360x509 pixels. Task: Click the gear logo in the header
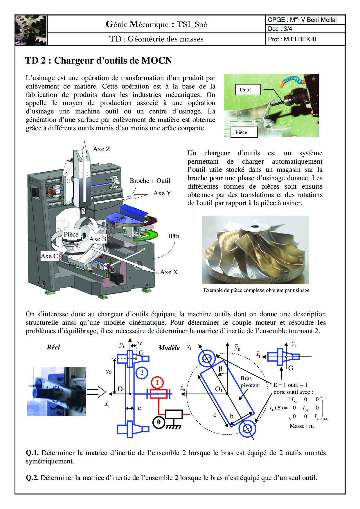[x=31, y=30]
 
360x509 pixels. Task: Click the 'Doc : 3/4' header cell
[x=305, y=29]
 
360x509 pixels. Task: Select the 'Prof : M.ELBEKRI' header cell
[x=305, y=39]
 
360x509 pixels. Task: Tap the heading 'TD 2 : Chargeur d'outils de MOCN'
[x=98, y=60]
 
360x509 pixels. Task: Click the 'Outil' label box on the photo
[x=245, y=90]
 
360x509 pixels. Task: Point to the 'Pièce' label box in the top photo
[x=241, y=132]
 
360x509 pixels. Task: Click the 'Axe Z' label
[x=102, y=149]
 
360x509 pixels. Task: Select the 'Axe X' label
[x=169, y=272]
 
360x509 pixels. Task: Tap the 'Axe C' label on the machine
[x=49, y=256]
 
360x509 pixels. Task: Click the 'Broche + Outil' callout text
[x=150, y=181]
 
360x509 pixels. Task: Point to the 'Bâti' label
[x=173, y=236]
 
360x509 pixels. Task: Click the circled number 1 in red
[x=157, y=382]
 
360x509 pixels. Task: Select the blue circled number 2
[x=142, y=373]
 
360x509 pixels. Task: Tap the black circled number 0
[x=159, y=422]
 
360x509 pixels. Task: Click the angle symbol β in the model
[x=220, y=369]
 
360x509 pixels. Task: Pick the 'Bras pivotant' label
[x=250, y=382]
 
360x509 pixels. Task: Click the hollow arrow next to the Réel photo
[x=97, y=392]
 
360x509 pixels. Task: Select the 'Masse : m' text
[x=301, y=426]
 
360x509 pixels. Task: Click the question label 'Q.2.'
[x=32, y=478]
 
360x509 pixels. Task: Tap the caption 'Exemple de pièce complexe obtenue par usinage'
[x=256, y=290]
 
